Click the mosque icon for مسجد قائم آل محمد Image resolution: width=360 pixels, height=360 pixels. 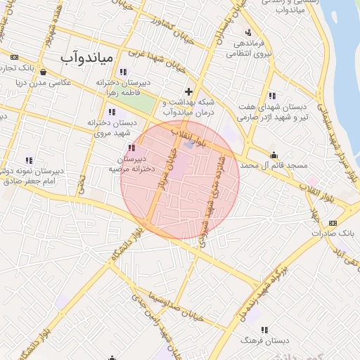click(274, 155)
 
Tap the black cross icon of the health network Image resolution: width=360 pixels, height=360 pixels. click(188, 91)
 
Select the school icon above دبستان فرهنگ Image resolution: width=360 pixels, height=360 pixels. click(264, 329)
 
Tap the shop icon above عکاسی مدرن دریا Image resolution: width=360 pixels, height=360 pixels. click(44, 71)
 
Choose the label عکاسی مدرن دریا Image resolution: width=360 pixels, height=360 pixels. click(44, 82)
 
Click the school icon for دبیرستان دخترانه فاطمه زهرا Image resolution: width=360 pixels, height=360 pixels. click(123, 71)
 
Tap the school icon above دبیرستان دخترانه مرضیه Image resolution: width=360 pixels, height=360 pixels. click(132, 148)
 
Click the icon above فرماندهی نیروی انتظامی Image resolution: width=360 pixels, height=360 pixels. click(247, 32)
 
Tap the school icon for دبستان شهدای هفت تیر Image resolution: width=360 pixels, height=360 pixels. click(272, 96)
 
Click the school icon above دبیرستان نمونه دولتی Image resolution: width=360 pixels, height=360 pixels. click(29, 160)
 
